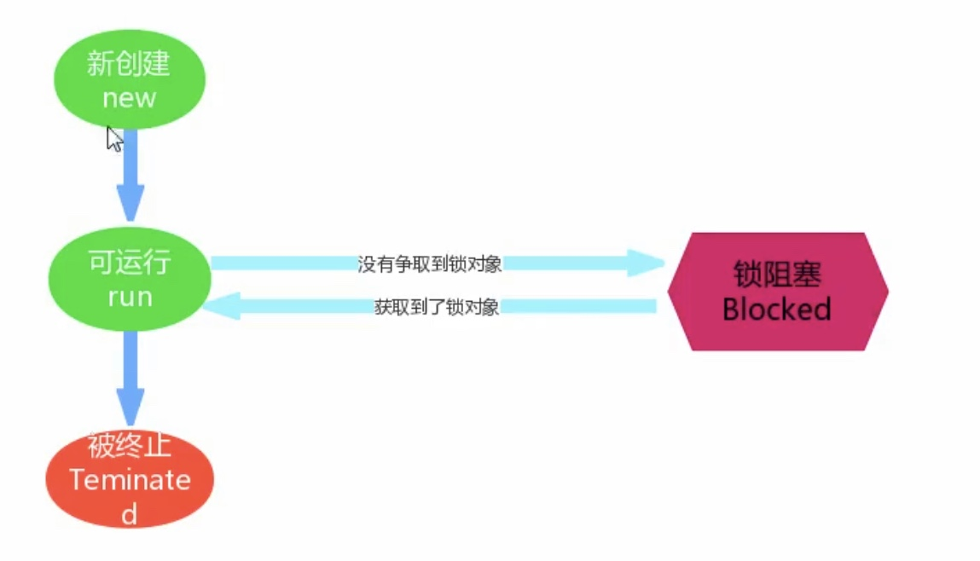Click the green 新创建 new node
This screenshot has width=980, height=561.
[x=130, y=79]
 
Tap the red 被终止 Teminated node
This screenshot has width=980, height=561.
[x=130, y=479]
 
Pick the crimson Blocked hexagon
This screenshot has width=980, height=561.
[x=777, y=291]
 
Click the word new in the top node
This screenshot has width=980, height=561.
[x=130, y=98]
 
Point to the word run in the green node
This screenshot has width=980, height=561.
[x=130, y=297]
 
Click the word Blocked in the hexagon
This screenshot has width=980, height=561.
[x=777, y=309]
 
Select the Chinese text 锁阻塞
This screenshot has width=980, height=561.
[x=777, y=275]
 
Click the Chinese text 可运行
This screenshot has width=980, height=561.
[x=130, y=263]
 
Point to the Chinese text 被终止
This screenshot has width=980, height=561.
[x=130, y=446]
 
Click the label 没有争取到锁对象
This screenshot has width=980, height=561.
[x=429, y=263]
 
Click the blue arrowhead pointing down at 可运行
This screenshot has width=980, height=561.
[x=130, y=203]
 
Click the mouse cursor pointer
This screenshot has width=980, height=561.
[x=113, y=139]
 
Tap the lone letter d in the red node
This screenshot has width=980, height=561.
[x=130, y=514]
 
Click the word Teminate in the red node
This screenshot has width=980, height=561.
[x=130, y=480]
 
